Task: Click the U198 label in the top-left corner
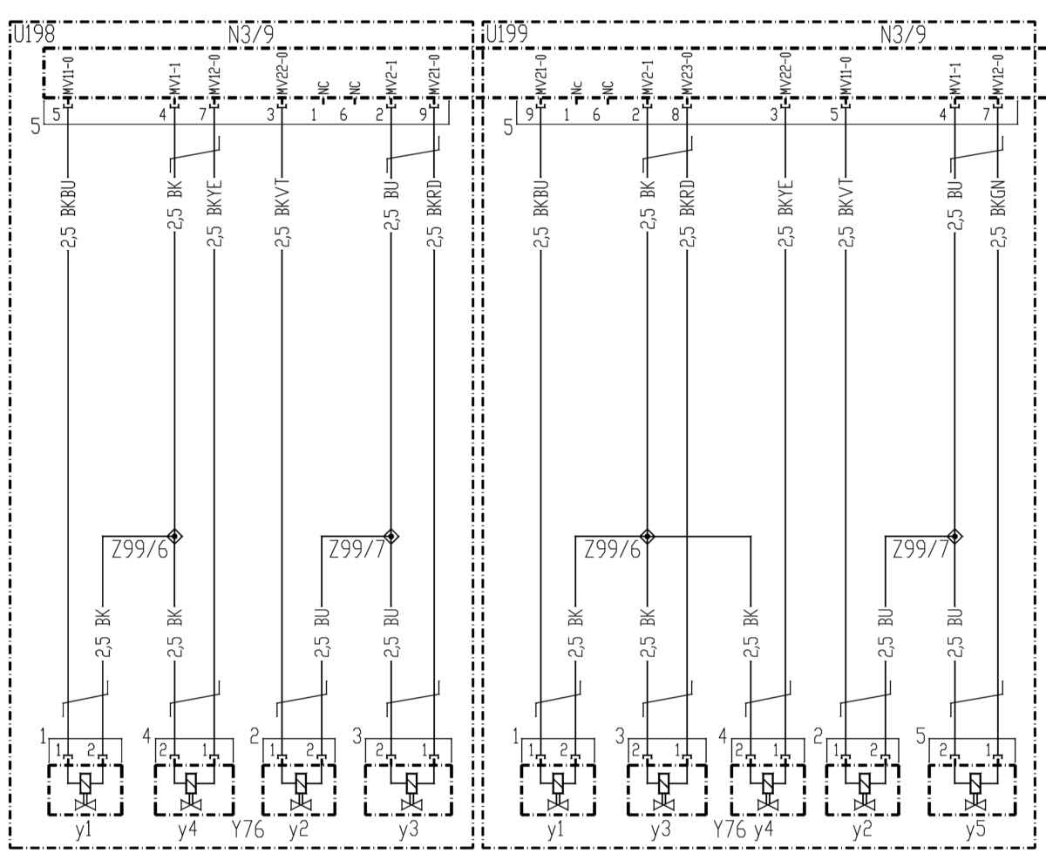(34, 35)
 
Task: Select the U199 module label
(506, 35)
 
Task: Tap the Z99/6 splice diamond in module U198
(174, 537)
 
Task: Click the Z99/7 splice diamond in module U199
(954, 537)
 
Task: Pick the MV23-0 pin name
(686, 73)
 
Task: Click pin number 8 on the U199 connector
(675, 115)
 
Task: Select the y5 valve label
(975, 829)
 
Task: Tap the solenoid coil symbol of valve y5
(975, 783)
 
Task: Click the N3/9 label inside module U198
(251, 35)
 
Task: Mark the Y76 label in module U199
(730, 829)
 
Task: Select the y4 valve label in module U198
(187, 829)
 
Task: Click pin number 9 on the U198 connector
(423, 115)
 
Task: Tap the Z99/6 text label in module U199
(613, 550)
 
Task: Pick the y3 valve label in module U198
(408, 829)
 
